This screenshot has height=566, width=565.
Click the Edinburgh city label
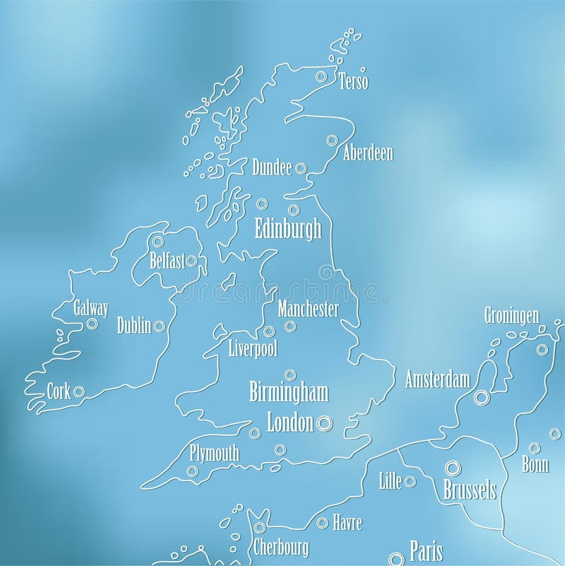[287, 229]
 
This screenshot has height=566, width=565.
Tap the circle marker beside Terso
[321, 76]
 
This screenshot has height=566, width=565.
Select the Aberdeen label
[368, 153]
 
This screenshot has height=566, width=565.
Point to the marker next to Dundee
[300, 168]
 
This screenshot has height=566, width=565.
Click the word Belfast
[167, 260]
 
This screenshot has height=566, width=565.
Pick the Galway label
[91, 308]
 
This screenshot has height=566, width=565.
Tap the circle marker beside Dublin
[159, 326]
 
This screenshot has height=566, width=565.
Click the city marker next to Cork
[78, 391]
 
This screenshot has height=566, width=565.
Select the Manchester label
[309, 309]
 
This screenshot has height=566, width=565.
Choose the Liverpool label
[253, 348]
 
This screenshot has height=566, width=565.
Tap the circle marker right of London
[324, 423]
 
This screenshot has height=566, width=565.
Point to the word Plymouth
[215, 453]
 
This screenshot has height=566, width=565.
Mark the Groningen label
[512, 314]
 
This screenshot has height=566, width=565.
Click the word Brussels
[469, 489]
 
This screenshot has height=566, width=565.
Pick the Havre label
[347, 524]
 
